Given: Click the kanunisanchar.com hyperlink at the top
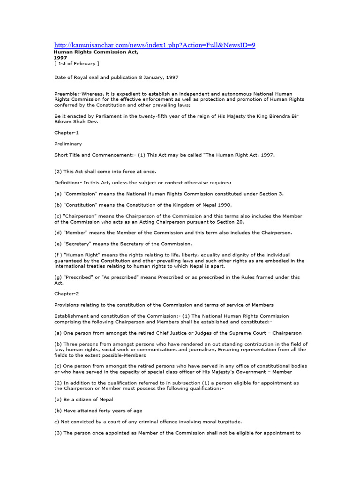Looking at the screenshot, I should (x=155, y=45).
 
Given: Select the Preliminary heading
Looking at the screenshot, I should (x=68, y=144).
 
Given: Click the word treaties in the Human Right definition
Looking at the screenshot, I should (x=98, y=266).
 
